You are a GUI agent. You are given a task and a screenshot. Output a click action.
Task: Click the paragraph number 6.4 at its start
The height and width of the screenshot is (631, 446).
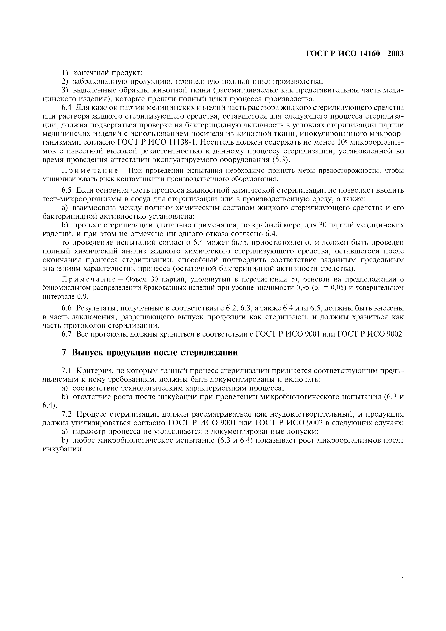click(x=67, y=107)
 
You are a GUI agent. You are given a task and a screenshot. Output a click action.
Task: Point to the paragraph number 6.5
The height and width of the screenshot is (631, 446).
click(x=67, y=190)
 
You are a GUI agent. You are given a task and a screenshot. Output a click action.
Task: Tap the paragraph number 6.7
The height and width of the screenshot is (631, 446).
click(x=67, y=334)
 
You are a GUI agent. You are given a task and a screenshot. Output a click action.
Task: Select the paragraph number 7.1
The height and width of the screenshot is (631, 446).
click(x=67, y=371)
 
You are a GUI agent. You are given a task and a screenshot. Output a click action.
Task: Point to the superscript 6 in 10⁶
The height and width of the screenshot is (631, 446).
click(x=348, y=141)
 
